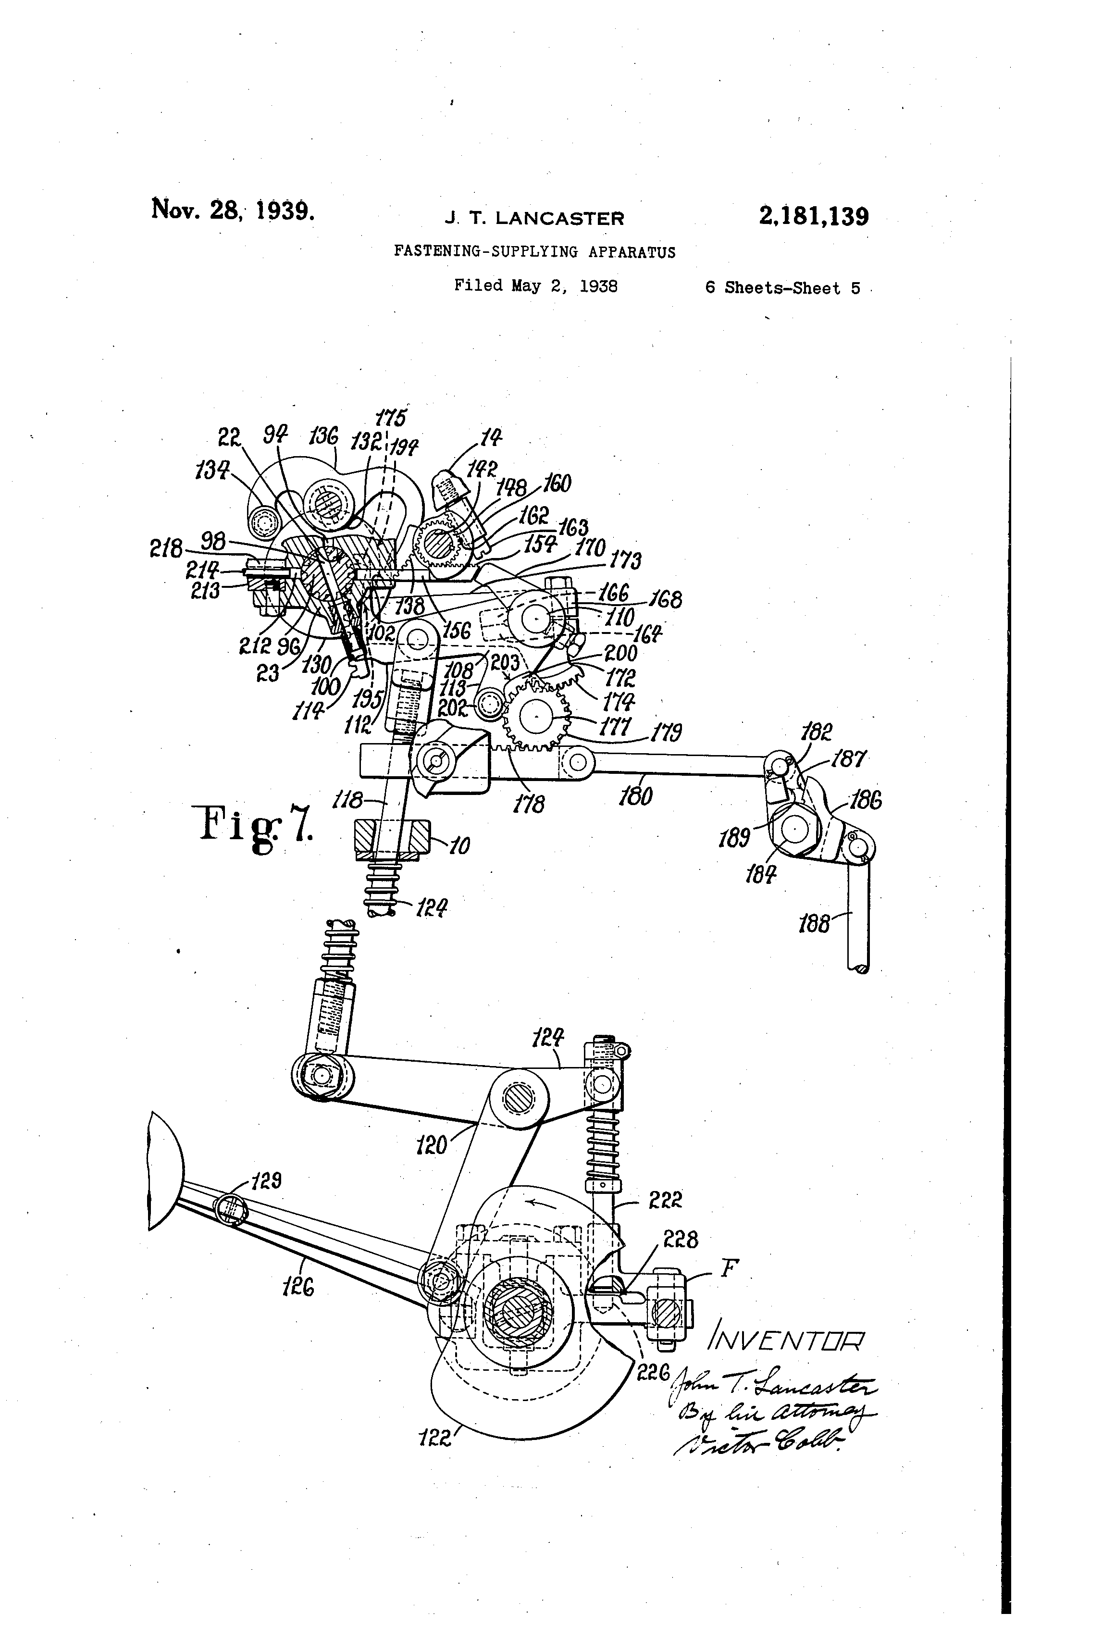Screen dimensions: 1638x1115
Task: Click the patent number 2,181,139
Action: pyautogui.click(x=813, y=216)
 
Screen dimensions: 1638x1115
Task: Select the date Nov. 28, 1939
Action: pyautogui.click(x=233, y=210)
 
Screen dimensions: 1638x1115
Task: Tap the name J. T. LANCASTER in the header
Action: pyautogui.click(x=534, y=219)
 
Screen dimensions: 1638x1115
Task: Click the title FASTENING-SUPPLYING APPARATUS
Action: pyautogui.click(x=534, y=252)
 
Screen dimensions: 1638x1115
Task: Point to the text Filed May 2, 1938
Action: pyautogui.click(x=536, y=286)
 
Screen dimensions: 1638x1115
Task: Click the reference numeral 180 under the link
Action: pyautogui.click(x=636, y=796)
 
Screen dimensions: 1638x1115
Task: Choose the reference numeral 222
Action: pyautogui.click(x=665, y=1199)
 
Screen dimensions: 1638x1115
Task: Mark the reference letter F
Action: pyautogui.click(x=729, y=1268)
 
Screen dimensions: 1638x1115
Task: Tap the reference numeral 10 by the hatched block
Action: pyautogui.click(x=459, y=845)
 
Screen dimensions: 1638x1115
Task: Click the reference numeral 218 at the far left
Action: pyautogui.click(x=166, y=549)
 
